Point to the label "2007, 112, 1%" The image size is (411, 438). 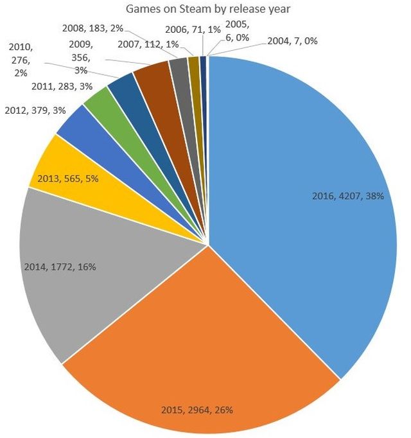148,44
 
